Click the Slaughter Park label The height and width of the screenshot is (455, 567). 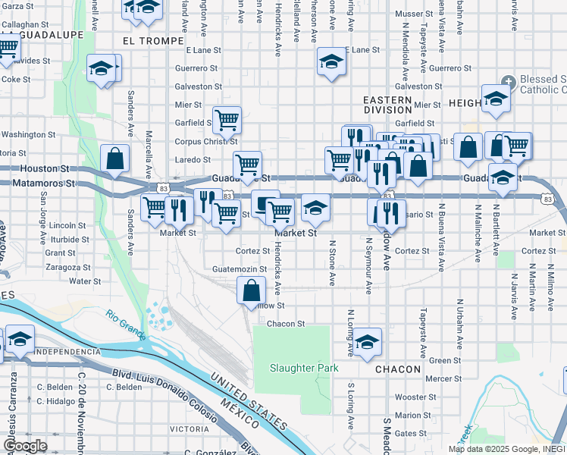[304, 368]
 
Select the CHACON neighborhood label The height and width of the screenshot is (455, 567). [397, 369]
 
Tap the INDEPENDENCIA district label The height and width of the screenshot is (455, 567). [67, 352]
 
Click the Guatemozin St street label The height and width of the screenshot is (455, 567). [240, 268]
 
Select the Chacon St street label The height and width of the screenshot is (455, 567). [285, 323]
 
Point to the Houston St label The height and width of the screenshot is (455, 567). [45, 168]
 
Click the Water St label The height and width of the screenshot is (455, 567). [85, 281]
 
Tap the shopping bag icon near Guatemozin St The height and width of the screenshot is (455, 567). [251, 290]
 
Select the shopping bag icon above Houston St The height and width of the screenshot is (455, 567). [114, 159]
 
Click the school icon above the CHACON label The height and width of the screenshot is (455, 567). [367, 343]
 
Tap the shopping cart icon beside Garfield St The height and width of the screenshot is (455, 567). [226, 120]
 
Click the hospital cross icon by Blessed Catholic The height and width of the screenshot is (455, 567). [508, 81]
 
